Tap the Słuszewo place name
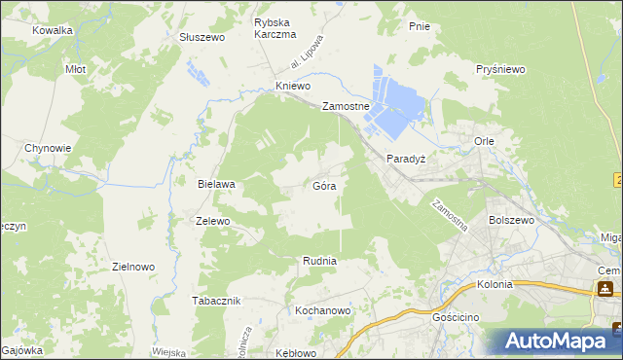202,37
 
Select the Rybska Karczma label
275,28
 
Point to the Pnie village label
420,26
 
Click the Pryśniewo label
501,70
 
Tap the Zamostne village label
346,107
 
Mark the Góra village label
325,184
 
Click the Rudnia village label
319,261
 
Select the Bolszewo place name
513,221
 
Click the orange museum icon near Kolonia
605,288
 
